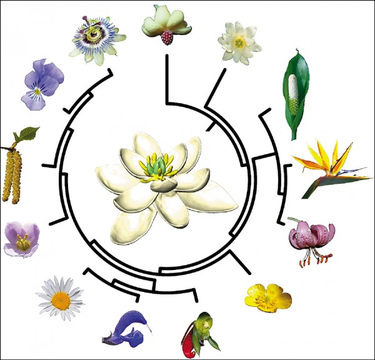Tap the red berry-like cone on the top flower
[x=167, y=37]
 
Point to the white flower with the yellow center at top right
[x=239, y=42]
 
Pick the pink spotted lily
[x=312, y=237]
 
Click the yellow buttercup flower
[x=268, y=296]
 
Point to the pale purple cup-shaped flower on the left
[x=21, y=239]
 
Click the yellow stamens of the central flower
[x=147, y=172]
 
